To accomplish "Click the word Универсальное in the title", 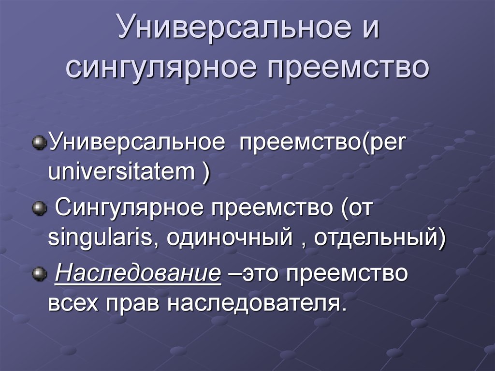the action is pos(234,26).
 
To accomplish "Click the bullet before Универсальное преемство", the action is pos(40,143).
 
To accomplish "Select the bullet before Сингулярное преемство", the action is pos(40,208).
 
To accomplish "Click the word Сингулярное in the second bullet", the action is pos(129,208).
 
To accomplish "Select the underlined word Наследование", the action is pos(138,272).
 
